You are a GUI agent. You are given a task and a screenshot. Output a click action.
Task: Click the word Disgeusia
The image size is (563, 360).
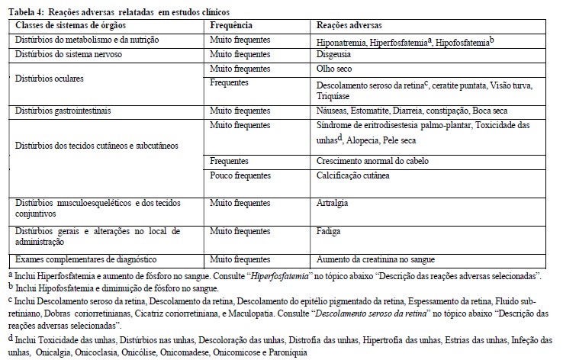(x=334, y=55)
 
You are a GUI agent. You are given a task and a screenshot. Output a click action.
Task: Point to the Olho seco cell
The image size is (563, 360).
(x=333, y=69)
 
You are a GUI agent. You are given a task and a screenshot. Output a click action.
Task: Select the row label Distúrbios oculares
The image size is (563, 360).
(x=51, y=79)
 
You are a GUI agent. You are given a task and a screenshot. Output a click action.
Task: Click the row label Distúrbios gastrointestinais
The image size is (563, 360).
(x=63, y=111)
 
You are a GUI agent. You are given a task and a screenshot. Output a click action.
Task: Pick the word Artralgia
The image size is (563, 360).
(x=332, y=204)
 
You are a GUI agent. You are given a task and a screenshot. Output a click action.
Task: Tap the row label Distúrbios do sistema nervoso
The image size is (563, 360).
(x=67, y=55)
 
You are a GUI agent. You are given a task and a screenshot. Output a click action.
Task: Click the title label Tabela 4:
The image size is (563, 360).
(x=25, y=12)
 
